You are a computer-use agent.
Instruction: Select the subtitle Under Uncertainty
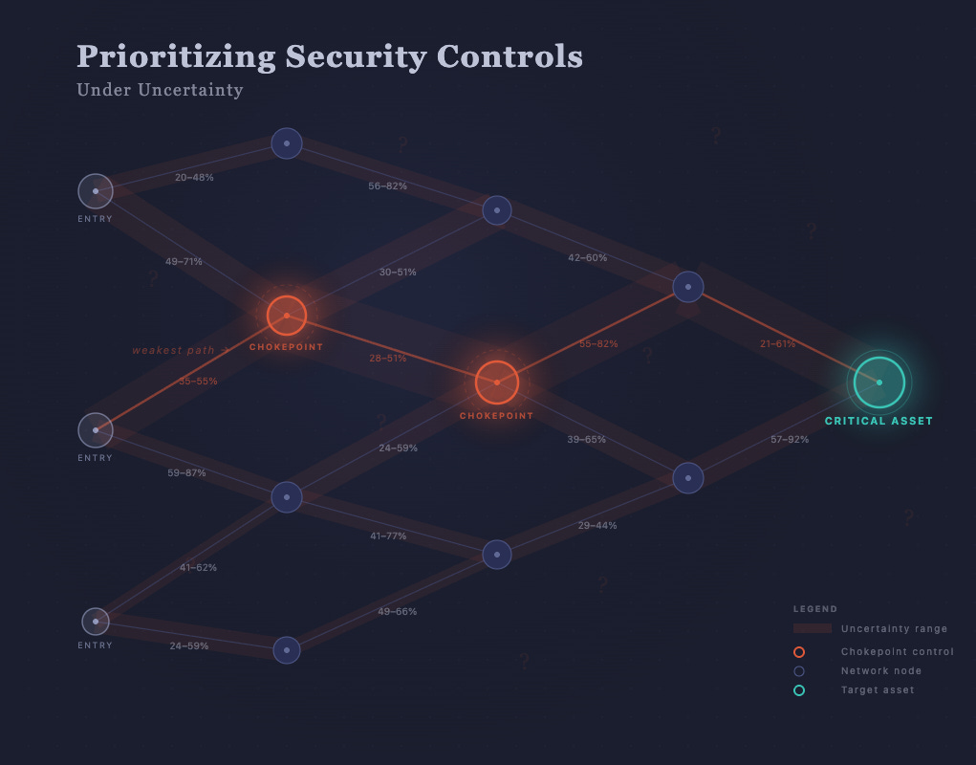click(x=160, y=91)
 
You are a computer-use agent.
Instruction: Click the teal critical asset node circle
click(x=878, y=382)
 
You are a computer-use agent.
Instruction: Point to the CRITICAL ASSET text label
click(x=878, y=421)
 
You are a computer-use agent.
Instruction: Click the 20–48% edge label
click(x=194, y=178)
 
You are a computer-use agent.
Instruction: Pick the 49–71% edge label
click(x=184, y=261)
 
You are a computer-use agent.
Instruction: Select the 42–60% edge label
click(x=587, y=257)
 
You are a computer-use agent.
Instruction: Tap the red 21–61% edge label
click(x=777, y=344)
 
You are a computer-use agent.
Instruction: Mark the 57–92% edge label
click(x=790, y=440)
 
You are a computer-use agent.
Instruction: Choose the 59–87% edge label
click(x=186, y=473)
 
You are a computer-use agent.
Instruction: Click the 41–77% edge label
click(x=388, y=536)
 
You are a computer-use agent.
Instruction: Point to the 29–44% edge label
click(x=597, y=526)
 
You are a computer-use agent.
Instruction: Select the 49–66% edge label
click(x=397, y=612)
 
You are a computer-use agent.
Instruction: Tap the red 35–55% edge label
click(x=198, y=382)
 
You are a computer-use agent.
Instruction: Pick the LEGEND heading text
click(x=814, y=609)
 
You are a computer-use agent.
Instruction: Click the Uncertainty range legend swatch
click(x=812, y=628)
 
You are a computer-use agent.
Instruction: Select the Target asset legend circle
click(x=799, y=690)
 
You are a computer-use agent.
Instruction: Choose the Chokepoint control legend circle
click(x=799, y=652)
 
